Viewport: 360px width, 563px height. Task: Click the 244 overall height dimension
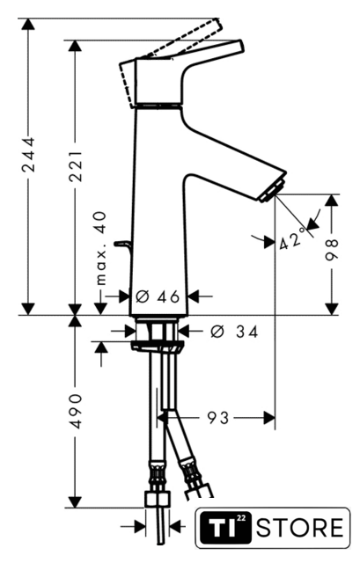[29, 154]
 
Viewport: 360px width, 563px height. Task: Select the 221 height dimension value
[76, 166]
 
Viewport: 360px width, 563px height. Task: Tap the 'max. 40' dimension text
[101, 249]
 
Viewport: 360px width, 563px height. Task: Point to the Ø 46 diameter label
[158, 296]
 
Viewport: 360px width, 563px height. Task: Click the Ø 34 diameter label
[234, 332]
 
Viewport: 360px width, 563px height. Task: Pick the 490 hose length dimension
[76, 411]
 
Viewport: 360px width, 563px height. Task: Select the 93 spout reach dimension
[217, 418]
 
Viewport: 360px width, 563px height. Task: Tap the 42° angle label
[292, 239]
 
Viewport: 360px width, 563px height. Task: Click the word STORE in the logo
[299, 528]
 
